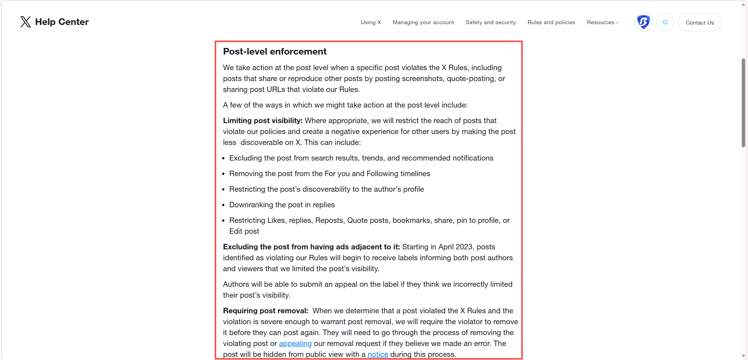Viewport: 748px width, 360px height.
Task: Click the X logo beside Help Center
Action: pos(26,22)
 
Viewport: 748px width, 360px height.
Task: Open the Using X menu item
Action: pos(370,23)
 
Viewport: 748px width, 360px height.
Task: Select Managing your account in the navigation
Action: pos(423,23)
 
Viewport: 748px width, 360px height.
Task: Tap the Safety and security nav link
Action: pos(490,23)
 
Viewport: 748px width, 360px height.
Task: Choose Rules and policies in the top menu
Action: pos(551,23)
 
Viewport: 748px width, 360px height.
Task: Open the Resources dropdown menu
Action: pos(602,23)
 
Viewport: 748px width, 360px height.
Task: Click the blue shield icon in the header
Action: pos(643,22)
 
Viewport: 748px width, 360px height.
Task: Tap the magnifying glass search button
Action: pos(665,22)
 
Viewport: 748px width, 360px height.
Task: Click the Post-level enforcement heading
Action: pos(275,51)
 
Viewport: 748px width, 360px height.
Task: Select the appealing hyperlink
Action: pos(295,344)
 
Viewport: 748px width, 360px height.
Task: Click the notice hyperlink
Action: pos(378,355)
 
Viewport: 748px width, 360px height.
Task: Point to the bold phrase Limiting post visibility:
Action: pos(263,121)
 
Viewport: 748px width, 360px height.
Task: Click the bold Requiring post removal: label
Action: pos(265,311)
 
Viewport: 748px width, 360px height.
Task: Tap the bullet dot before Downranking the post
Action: pos(224,205)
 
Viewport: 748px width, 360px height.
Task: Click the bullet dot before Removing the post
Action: pos(224,174)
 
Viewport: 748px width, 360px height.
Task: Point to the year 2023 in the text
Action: pos(464,247)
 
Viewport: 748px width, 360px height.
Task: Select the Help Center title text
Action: pos(62,22)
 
